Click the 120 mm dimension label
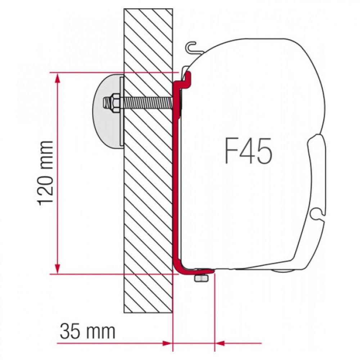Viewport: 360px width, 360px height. [x=46, y=173]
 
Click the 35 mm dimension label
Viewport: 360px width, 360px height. [x=87, y=331]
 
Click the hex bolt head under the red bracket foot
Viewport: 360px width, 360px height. [x=200, y=279]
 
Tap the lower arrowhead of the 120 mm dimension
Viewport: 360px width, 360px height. [x=57, y=268]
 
